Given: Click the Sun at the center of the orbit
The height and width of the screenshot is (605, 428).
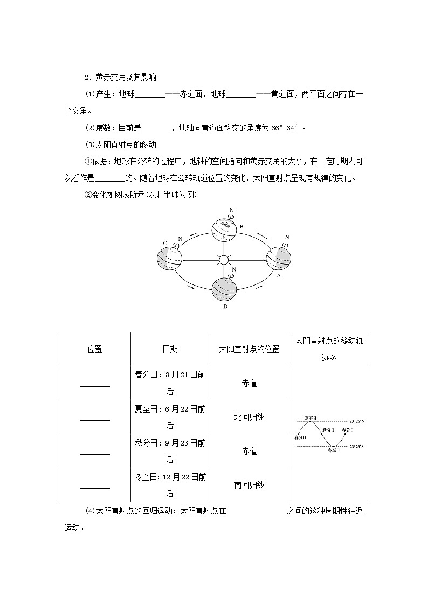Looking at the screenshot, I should (224, 260).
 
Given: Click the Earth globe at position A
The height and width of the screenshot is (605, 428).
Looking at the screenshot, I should (278, 257).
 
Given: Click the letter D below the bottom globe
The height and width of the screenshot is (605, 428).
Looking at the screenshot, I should (225, 307).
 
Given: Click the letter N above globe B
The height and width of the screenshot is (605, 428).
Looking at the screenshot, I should (231, 209).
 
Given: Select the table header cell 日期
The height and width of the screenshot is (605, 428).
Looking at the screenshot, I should (170, 349).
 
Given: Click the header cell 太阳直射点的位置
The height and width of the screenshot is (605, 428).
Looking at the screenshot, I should (249, 349).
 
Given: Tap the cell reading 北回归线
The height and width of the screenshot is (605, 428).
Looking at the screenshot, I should (249, 417).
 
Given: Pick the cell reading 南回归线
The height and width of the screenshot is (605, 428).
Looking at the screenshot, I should (249, 485).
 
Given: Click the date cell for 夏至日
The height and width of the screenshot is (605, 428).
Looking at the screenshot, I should (170, 417).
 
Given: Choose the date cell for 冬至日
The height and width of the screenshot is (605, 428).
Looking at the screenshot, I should (170, 485).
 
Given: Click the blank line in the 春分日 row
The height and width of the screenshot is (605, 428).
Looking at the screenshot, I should (94, 385).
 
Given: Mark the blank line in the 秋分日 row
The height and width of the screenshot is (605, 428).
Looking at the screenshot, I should (94, 453).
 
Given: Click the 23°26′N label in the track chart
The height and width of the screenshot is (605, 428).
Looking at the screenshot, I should (356, 421).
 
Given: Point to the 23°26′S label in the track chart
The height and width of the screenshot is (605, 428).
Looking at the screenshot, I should (356, 447).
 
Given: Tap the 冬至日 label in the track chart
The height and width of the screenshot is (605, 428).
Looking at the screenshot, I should (334, 450).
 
